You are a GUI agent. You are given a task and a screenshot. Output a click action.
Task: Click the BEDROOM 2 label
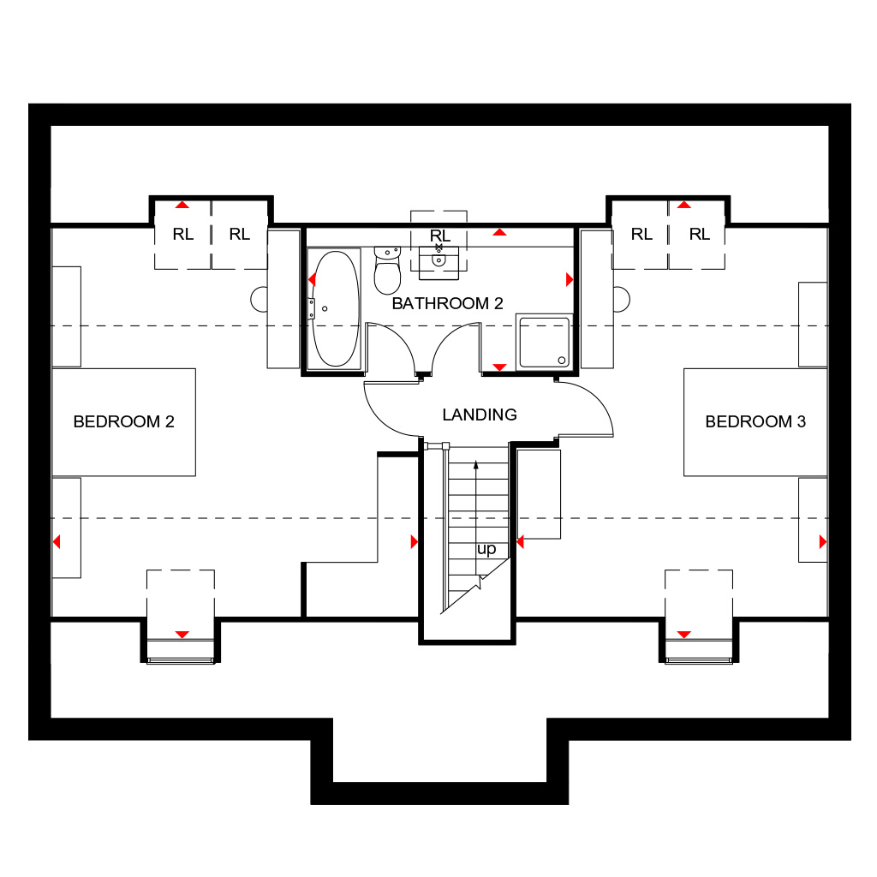123,421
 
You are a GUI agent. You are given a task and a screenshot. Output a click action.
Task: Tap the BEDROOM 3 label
755,421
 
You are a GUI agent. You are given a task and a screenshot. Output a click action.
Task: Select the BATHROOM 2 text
447,304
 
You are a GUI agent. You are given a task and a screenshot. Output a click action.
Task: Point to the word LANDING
480,415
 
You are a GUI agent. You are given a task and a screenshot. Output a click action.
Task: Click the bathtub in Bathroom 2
335,308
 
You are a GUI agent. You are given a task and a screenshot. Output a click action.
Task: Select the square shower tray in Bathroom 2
544,343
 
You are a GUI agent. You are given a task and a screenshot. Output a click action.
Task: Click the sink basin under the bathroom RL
438,260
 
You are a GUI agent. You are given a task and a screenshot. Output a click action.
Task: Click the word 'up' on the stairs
486,549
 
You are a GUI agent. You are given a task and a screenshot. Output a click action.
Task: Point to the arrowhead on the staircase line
476,465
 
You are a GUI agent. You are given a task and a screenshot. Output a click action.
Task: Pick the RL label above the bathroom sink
440,236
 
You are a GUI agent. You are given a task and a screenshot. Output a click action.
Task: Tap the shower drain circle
562,361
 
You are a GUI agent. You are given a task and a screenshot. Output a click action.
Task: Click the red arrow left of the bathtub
312,279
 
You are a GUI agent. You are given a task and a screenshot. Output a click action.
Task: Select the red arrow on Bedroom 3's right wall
823,541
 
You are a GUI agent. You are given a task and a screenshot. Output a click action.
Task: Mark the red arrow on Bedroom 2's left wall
57,541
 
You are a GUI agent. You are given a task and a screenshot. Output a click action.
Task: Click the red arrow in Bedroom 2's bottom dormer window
182,635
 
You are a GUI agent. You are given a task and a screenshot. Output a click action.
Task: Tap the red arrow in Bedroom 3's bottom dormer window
684,635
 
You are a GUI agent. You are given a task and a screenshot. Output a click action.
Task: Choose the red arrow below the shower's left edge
499,367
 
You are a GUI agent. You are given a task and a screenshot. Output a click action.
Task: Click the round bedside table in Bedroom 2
259,299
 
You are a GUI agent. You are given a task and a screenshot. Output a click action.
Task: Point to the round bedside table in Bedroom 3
622,299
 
